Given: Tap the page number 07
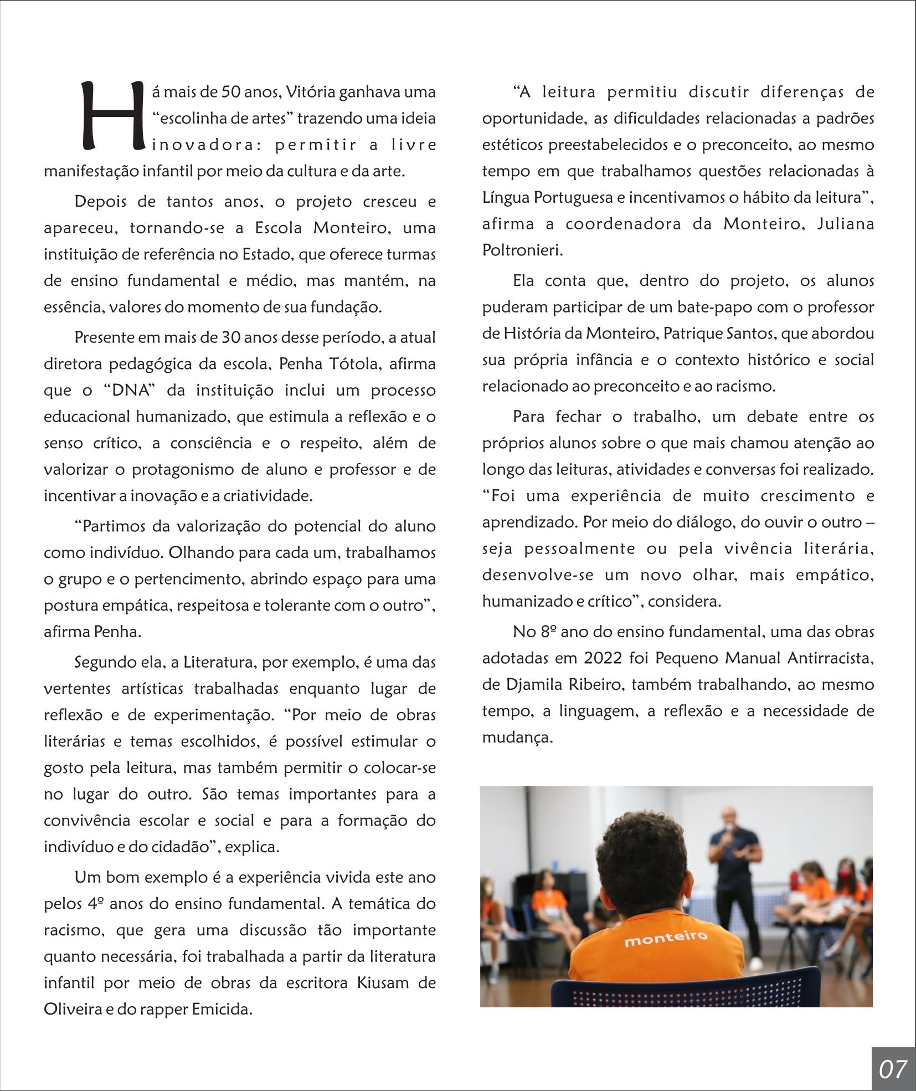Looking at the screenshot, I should [x=892, y=1068].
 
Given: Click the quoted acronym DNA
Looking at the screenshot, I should [x=128, y=391].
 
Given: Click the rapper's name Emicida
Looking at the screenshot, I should [x=222, y=1010].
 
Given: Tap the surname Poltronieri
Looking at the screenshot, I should [x=522, y=250].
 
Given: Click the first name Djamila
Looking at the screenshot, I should [x=531, y=685].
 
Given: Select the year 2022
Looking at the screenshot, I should [x=602, y=658].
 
